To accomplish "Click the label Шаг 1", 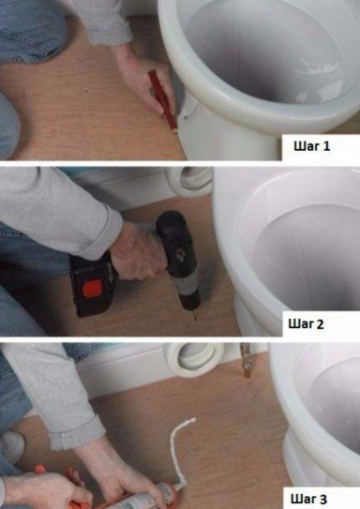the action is click(x=311, y=146).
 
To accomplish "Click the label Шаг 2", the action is click(x=306, y=324).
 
